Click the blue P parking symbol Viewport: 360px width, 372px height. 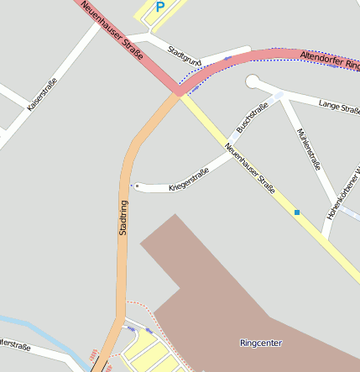pos(160,7)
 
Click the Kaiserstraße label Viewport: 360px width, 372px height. pos(41,95)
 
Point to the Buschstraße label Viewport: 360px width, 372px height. pos(252,117)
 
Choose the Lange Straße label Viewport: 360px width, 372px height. pos(339,106)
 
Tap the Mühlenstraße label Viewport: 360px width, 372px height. pos(309,149)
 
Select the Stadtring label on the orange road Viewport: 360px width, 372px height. pos(123,217)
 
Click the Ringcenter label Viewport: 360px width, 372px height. pos(260,343)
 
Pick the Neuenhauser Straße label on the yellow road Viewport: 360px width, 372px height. pos(250,168)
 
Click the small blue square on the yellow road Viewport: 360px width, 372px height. pos(297,212)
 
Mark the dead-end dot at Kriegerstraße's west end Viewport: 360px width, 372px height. pos(137,186)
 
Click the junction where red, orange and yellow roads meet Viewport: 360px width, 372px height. pos(180,92)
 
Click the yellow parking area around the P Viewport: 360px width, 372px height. pos(145,14)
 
